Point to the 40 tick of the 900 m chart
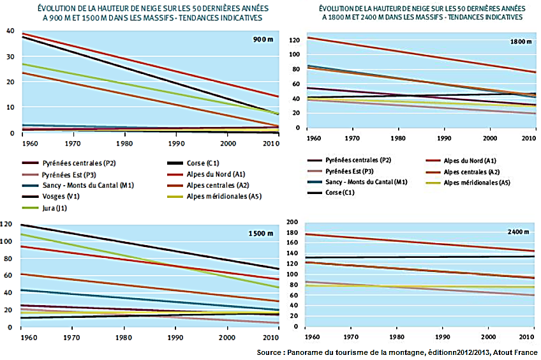[9, 31]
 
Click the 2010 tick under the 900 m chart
[271, 142]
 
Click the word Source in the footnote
[272, 352]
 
